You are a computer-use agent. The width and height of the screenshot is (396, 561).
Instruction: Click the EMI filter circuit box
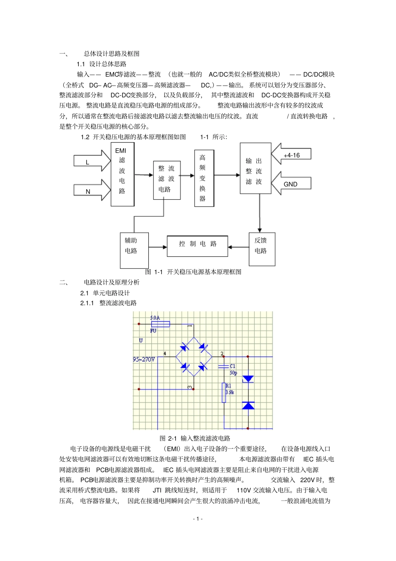pos(122,174)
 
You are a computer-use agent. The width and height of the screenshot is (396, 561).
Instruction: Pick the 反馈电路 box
pos(262,249)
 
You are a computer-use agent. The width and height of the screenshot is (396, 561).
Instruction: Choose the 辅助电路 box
pos(134,250)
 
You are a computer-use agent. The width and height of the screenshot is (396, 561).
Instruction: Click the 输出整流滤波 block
pos(255,168)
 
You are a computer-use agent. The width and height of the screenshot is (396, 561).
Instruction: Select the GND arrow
pos(291,184)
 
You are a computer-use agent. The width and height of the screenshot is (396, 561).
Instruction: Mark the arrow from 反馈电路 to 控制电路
pos(238,247)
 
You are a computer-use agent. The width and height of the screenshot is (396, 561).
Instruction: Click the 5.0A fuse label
pos(155,318)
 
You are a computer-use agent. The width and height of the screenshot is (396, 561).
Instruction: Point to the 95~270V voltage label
pos(144,359)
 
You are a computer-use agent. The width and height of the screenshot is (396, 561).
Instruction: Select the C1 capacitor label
pos(233,366)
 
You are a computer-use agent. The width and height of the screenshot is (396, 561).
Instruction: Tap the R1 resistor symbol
pos(224,393)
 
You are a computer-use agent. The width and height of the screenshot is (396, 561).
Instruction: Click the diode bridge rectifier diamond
pos(194,357)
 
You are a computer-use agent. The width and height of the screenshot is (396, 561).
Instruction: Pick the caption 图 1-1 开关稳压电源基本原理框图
pos(193,272)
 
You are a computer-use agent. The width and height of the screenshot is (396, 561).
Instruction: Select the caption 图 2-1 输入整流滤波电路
pos(195,438)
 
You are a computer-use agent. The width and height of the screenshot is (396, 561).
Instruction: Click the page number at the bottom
pos(198,518)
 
